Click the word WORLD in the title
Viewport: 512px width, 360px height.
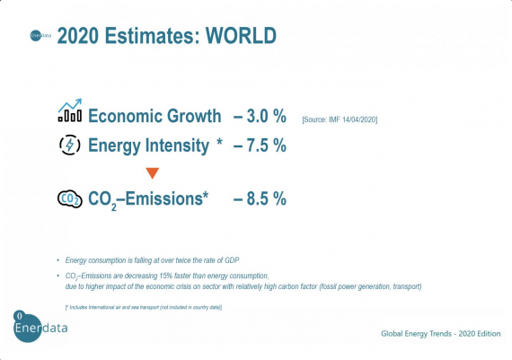point(241,36)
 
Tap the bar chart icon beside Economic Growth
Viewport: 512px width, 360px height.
point(69,113)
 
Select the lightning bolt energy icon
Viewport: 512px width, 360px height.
point(69,145)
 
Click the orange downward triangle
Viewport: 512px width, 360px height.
point(152,172)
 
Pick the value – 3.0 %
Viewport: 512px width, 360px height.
point(260,116)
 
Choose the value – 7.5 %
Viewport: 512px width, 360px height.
point(260,145)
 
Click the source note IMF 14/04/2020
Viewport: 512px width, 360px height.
point(338,119)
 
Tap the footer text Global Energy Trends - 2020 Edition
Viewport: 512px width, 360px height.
point(438,333)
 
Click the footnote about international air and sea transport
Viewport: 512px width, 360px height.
point(144,307)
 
